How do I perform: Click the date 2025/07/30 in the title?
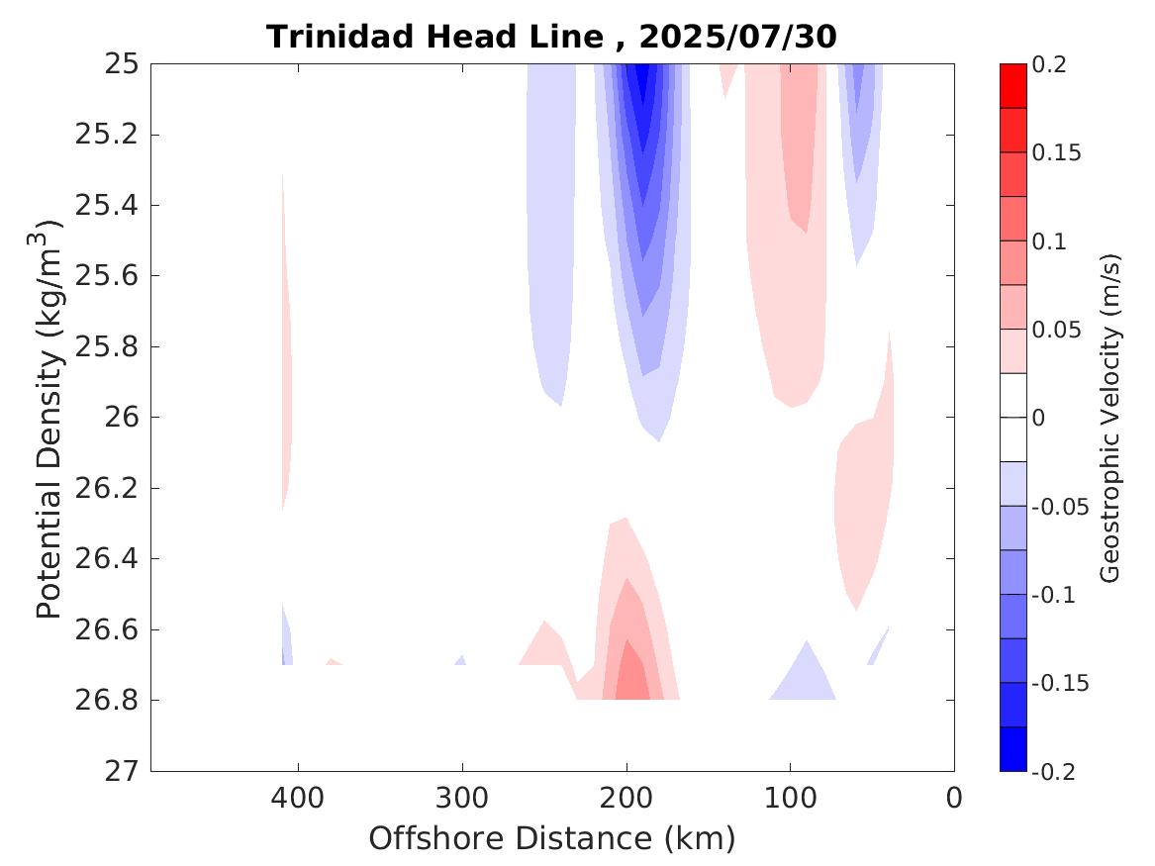(x=737, y=38)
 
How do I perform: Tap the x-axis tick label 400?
(x=297, y=798)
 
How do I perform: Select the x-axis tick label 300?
(x=461, y=798)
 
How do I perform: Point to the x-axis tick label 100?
(x=790, y=798)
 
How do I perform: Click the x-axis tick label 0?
(x=954, y=798)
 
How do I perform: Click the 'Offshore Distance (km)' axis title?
(x=552, y=839)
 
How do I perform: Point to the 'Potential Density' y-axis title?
(x=49, y=421)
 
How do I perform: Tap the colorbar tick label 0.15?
(x=1057, y=153)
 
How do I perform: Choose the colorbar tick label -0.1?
(x=1055, y=595)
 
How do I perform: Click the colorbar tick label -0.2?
(x=1055, y=771)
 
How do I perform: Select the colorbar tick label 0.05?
(x=1057, y=330)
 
